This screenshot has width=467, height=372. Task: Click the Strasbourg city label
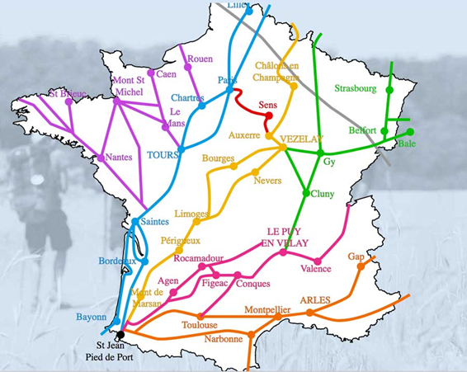(356, 88)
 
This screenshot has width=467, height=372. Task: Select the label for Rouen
(200, 59)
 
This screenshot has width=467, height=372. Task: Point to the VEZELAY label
(301, 139)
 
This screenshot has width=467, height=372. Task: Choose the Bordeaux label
(116, 261)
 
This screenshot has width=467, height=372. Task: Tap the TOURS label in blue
(163, 154)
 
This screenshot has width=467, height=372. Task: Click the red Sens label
(267, 106)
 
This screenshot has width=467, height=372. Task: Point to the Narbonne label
(224, 338)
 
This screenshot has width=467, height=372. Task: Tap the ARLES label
(315, 299)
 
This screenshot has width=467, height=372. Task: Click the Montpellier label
(267, 309)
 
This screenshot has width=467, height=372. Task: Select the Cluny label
(322, 194)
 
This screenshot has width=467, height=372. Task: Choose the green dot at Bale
(410, 132)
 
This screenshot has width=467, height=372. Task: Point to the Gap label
(356, 257)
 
